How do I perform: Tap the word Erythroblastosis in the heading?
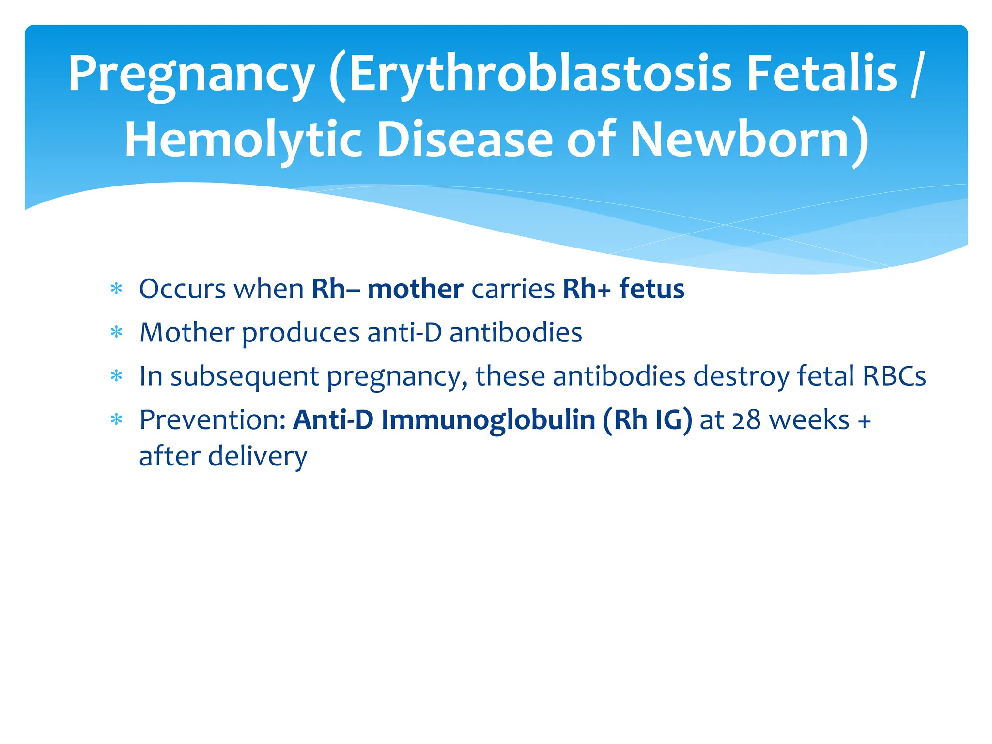540,74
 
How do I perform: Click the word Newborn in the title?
741,140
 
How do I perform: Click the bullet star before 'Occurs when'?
116,290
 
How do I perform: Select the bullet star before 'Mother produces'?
116,333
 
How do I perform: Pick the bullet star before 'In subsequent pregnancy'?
116,376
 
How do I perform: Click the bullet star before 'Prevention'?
116,419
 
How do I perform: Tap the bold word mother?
415,289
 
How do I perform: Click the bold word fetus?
651,289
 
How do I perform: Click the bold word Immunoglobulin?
488,419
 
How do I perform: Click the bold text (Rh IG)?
648,419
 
